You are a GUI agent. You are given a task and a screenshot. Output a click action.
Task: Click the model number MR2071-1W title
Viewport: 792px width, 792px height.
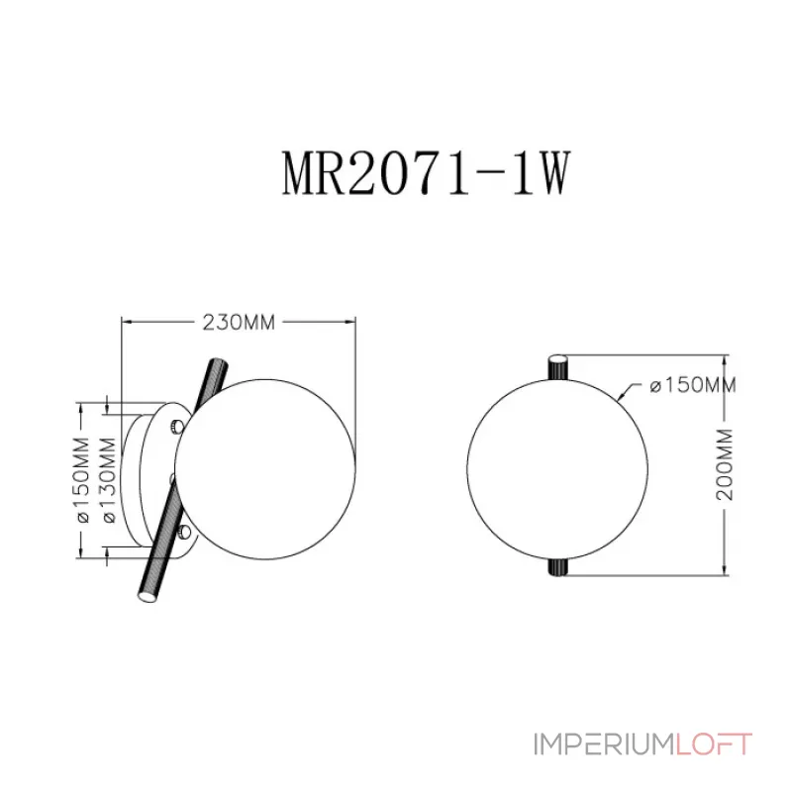tap(426, 173)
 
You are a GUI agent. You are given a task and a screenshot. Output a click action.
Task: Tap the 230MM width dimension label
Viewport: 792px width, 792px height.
tap(239, 323)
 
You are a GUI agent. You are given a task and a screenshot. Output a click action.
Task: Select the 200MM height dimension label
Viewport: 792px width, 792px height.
tap(726, 464)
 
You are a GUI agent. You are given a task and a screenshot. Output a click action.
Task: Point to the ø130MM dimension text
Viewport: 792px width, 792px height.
tap(109, 480)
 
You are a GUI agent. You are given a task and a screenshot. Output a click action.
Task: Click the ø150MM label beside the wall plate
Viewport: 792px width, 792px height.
tap(82, 480)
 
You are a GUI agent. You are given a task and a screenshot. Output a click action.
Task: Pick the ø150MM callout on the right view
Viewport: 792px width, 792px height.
tap(692, 385)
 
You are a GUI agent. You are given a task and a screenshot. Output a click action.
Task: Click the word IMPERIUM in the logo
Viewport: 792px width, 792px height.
tap(604, 744)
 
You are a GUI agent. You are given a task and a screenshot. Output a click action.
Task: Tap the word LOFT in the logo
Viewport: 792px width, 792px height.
tap(714, 744)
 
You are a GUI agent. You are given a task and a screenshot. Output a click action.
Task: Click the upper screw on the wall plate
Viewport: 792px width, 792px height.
tap(177, 426)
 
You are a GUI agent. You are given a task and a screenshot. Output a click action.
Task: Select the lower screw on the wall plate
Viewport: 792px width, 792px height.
tap(185, 531)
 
